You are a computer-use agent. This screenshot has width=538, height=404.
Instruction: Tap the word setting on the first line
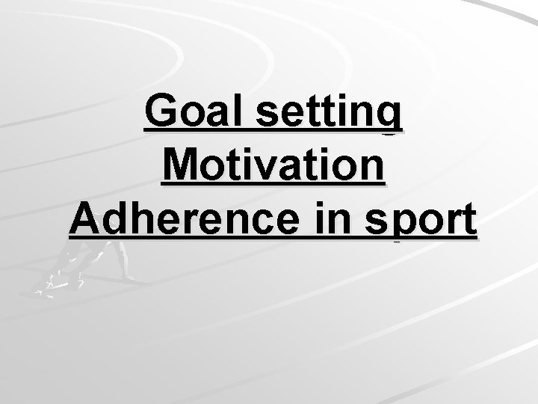pyautogui.click(x=330, y=114)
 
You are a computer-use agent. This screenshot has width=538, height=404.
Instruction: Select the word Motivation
pyautogui.click(x=273, y=167)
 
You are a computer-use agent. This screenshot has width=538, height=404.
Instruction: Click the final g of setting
pyautogui.click(x=390, y=118)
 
